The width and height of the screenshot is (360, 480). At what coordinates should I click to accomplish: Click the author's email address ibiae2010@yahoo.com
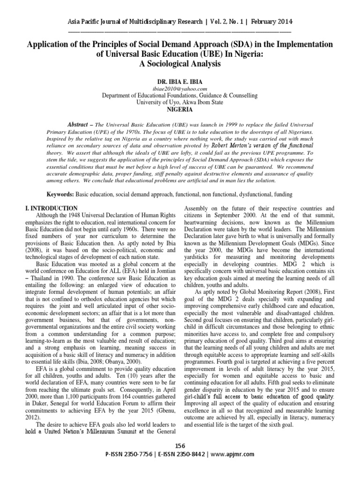(180, 89)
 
